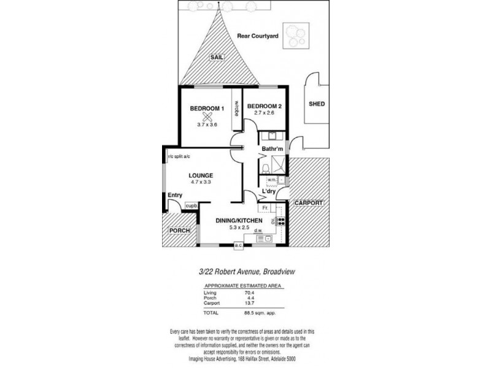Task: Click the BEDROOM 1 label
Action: click(207, 109)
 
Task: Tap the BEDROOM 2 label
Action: click(265, 105)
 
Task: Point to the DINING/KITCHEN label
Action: click(239, 221)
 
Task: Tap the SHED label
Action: click(317, 104)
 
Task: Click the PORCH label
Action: click(180, 230)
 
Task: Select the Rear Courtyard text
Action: click(258, 36)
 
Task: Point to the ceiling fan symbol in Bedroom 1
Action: click(208, 117)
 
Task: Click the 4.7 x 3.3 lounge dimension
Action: click(201, 182)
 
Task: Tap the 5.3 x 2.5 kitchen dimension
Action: click(239, 228)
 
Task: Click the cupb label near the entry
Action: click(191, 205)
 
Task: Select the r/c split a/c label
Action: click(179, 157)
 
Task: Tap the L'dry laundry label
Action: click(268, 192)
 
